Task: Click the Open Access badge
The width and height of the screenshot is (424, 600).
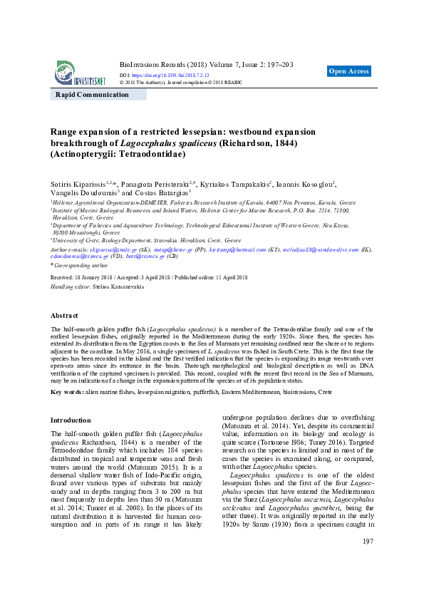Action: pos(349,71)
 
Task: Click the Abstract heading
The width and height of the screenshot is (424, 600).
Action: pos(65,315)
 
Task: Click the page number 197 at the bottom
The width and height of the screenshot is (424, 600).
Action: pos(368,562)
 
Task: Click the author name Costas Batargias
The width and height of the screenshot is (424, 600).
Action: pos(161,192)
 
